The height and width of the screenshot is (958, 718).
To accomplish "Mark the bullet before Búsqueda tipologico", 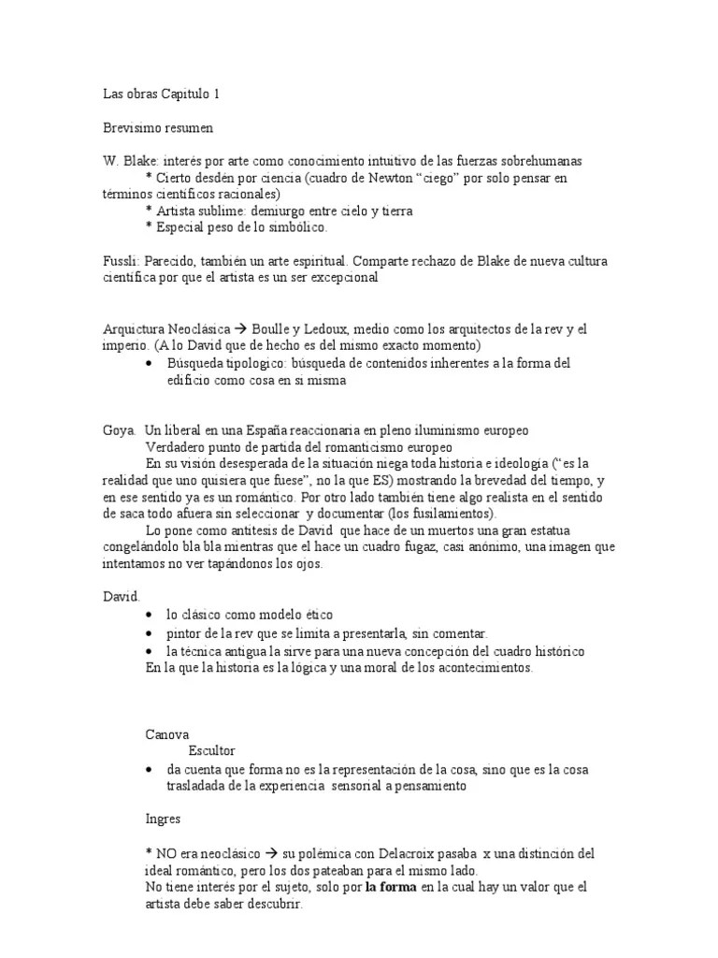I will click(x=151, y=363).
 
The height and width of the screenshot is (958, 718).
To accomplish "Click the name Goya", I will click(x=119, y=430).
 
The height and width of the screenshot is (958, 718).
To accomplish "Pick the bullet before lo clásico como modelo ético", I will click(x=151, y=616).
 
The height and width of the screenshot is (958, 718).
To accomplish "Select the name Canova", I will click(x=167, y=735).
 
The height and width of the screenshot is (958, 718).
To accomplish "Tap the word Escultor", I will click(x=212, y=751).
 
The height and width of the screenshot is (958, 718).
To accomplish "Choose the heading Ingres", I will click(x=163, y=819).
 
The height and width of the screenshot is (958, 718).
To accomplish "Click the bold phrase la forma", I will click(x=391, y=888).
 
